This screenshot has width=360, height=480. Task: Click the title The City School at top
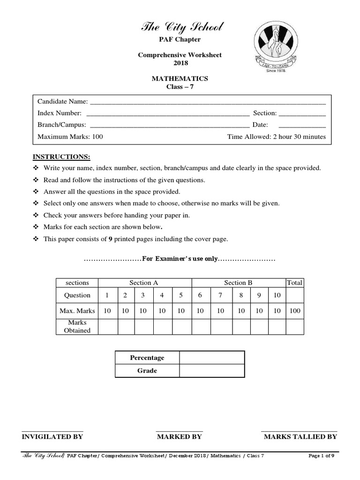[x=180, y=28]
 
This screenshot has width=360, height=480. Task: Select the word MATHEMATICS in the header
[x=180, y=78]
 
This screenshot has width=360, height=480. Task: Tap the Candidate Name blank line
[x=207, y=102]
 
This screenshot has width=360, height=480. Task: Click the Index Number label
[x=60, y=113]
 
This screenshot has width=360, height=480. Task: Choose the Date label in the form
[x=260, y=125]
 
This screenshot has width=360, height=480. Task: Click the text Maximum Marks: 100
[x=70, y=137]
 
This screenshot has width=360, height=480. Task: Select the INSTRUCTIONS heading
[x=61, y=157]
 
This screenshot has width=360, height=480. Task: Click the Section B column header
[x=238, y=283]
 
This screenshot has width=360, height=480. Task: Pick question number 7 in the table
[x=220, y=295]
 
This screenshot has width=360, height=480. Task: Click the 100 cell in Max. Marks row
[x=295, y=310]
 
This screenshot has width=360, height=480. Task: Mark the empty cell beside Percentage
[x=211, y=358]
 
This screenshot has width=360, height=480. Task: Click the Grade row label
[x=147, y=371]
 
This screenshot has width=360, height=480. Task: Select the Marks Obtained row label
[x=77, y=326]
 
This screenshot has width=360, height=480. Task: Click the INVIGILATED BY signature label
[x=52, y=436]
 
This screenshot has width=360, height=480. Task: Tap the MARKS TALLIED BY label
[x=300, y=436]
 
